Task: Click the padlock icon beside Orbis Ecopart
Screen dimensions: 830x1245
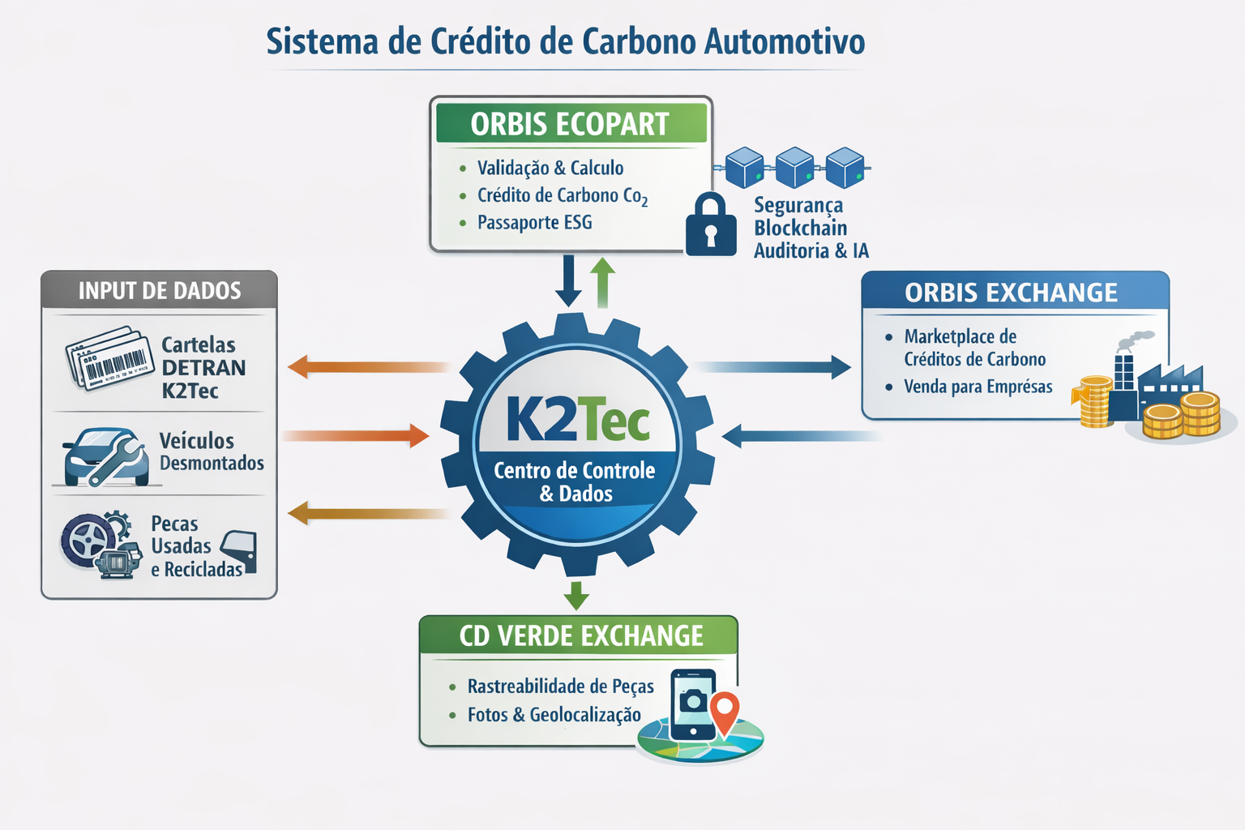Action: pos(711,225)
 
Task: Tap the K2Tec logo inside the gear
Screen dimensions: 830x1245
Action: pos(578,419)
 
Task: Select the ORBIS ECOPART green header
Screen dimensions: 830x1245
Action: pos(571,124)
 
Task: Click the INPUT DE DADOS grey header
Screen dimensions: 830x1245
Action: pos(159,290)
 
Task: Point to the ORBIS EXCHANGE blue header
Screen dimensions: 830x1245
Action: pos(1012,292)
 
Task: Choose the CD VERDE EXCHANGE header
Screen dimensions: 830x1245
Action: pos(580,636)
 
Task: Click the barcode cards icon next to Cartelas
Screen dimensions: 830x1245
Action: pos(110,359)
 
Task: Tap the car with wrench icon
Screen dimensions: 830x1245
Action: pos(106,457)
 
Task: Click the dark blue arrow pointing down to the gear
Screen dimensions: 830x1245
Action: pos(568,280)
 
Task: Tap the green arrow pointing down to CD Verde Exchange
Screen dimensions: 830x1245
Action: pos(576,595)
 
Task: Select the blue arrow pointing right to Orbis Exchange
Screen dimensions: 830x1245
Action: pos(774,367)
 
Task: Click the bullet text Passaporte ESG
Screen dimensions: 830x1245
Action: pos(534,222)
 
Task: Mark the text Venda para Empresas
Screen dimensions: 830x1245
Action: pos(978,387)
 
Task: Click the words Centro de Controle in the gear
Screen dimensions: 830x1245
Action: pos(574,470)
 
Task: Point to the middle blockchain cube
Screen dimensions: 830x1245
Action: pos(794,167)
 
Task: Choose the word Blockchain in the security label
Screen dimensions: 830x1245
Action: pos(800,228)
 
